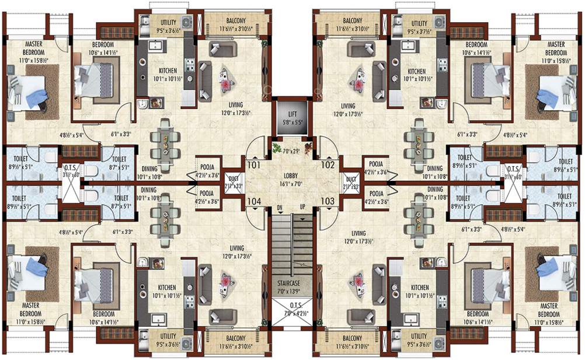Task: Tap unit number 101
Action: pos(252,165)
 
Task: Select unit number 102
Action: pos(328,165)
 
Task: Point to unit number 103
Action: pos(328,201)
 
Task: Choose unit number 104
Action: pos(252,201)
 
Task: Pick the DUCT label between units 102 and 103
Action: pos(351,179)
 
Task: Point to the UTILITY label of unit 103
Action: pos(419,337)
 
